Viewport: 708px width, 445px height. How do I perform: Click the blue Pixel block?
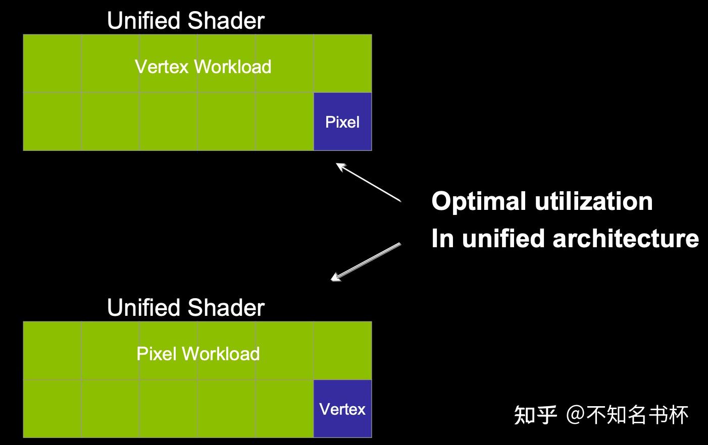tap(342, 122)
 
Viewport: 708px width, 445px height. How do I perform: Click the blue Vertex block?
tap(342, 409)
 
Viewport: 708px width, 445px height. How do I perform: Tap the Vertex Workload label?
tap(203, 67)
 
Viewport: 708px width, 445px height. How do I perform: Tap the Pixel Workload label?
tap(198, 354)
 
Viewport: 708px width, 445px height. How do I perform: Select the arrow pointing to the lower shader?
tap(366, 261)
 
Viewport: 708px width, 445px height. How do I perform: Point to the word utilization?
tap(594, 201)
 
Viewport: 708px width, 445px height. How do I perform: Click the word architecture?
tap(626, 238)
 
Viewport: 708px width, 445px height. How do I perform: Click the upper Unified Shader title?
tap(186, 21)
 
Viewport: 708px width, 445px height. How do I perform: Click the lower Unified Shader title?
tap(186, 308)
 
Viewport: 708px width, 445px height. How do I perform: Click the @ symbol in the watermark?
tap(576, 415)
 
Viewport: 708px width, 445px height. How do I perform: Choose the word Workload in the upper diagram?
tap(233, 67)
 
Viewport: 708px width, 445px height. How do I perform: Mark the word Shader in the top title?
tap(226, 21)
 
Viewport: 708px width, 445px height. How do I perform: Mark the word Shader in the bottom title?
tap(226, 308)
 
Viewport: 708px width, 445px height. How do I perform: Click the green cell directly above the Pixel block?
tap(342, 64)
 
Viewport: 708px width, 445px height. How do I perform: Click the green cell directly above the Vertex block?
tap(342, 351)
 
